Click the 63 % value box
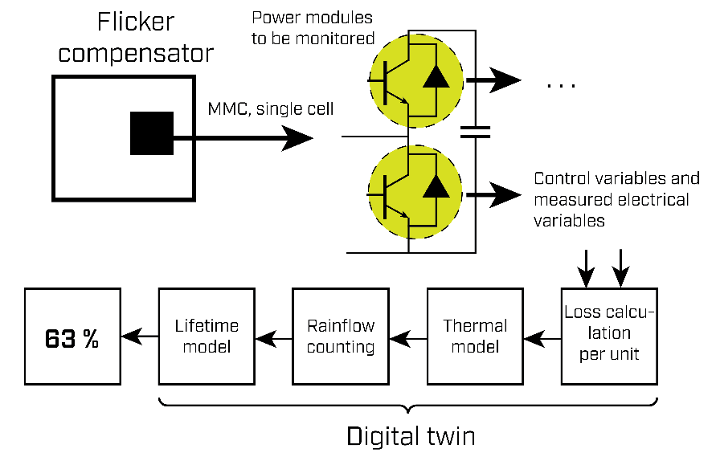72,337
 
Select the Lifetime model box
207,337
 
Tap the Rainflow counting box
341,337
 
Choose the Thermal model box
475,337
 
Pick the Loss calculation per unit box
609,335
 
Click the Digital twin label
411,436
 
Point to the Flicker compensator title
136,39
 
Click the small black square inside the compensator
152,133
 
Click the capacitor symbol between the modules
477,132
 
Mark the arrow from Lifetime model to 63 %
139,337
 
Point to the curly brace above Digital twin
408,403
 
